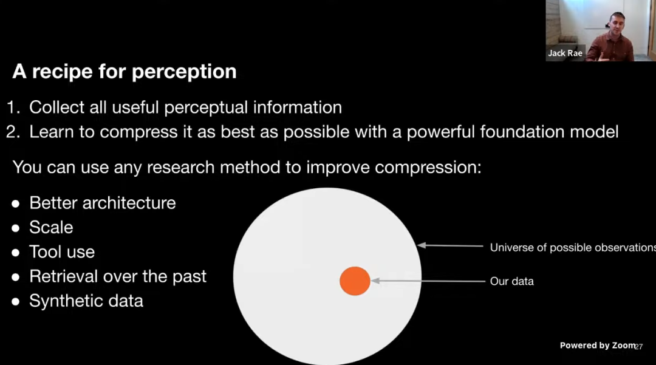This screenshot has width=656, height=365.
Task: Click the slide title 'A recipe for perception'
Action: [125, 72]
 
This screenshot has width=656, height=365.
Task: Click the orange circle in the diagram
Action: [355, 281]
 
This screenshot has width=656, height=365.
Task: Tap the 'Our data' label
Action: [511, 281]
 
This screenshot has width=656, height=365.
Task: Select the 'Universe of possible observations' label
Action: [573, 248]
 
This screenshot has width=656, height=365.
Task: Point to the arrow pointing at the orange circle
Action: [428, 281]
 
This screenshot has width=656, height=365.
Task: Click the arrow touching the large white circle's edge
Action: [450, 245]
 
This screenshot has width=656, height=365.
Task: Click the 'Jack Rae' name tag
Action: [565, 53]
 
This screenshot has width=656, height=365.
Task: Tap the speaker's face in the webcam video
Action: [617, 25]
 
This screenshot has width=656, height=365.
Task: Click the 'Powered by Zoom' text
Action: [598, 346]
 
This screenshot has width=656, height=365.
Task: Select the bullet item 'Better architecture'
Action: [103, 203]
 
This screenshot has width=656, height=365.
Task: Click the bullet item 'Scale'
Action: [51, 228]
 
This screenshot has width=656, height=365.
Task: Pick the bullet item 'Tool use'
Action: [62, 252]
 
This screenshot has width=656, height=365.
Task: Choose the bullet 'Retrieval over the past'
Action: [118, 276]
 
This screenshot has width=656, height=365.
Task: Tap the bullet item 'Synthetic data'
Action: [86, 301]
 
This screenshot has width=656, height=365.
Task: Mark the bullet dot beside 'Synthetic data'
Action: [16, 302]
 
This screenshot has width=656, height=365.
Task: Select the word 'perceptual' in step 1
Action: [206, 108]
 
